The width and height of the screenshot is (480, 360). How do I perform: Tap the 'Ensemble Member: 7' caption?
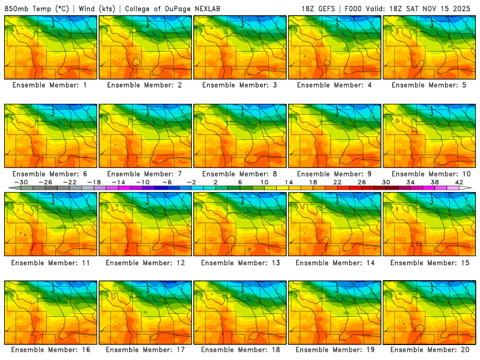[x=145, y=174]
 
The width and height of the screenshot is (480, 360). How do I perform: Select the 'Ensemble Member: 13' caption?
[x=240, y=263]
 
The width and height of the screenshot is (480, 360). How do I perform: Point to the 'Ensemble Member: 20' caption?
[x=430, y=349]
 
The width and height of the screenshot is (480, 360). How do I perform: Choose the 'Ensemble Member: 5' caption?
[x=430, y=85]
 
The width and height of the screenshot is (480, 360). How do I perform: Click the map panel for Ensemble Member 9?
[x=335, y=136]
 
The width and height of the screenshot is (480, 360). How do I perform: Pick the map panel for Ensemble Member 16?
[x=50, y=312]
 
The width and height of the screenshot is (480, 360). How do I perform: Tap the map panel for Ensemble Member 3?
[x=240, y=47]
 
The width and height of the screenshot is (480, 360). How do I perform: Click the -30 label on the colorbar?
[x=22, y=182]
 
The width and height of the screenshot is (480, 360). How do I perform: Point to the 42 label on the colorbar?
[x=459, y=182]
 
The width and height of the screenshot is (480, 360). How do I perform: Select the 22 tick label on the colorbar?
[x=337, y=182]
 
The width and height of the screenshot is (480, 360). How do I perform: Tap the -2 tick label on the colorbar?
[x=191, y=182]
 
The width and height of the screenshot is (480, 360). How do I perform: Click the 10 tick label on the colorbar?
[x=264, y=182]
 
